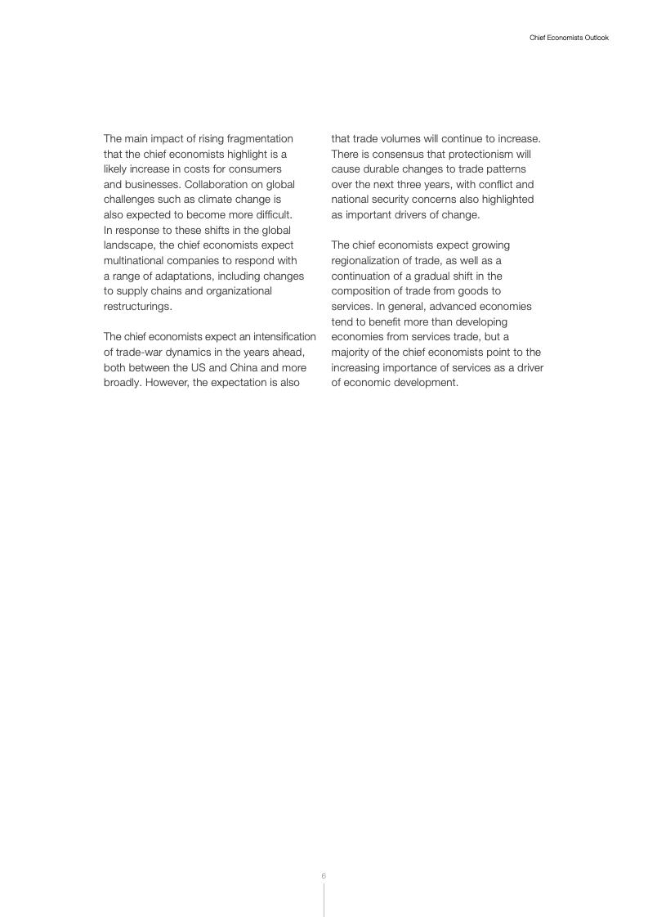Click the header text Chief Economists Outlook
(569, 38)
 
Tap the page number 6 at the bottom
(324, 876)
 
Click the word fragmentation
(257, 138)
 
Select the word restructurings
(137, 306)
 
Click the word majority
(352, 352)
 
